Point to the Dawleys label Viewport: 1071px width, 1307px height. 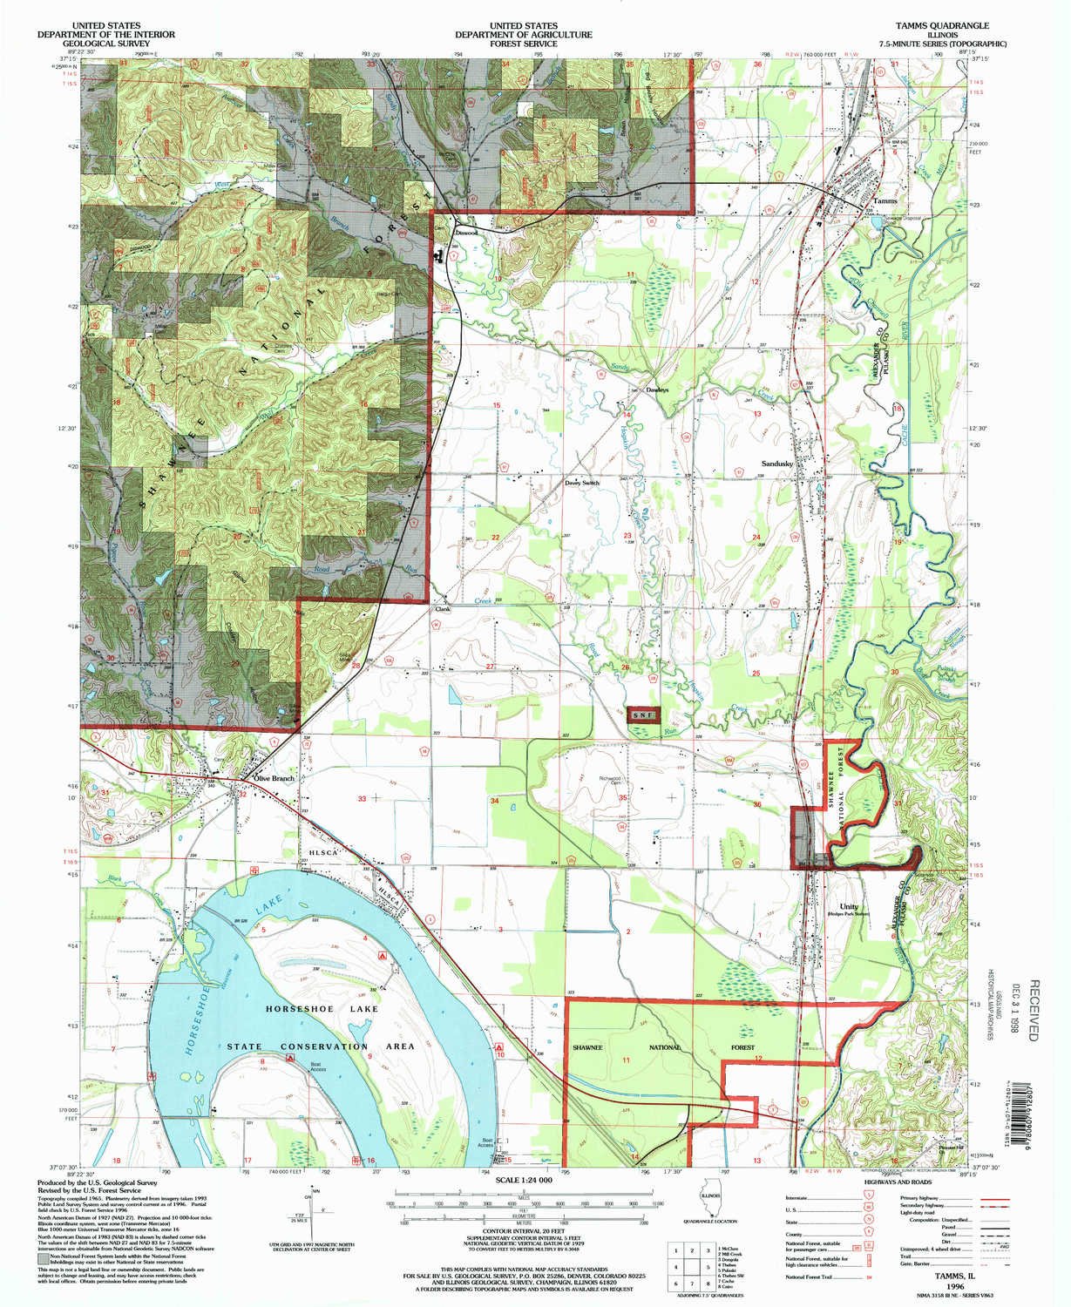tap(657, 389)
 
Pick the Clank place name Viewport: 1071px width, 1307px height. tap(442, 610)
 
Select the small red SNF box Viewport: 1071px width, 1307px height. tap(643, 714)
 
